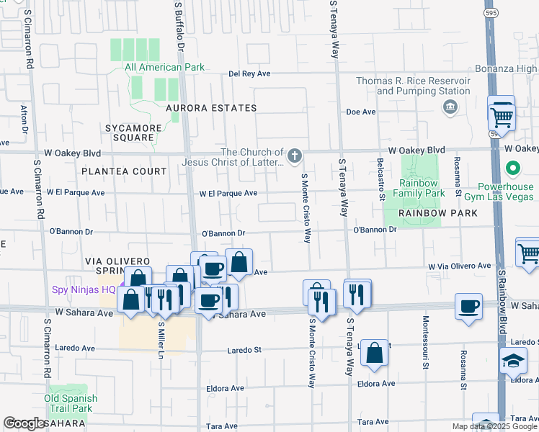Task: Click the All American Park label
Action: [x=164, y=68]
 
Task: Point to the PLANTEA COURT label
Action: [x=124, y=171]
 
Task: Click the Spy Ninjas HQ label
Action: [x=84, y=291]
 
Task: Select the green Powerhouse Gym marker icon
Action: [x=512, y=170]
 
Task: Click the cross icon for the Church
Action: [x=294, y=156]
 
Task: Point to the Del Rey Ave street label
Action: [x=249, y=73]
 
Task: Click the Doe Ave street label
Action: [x=361, y=112]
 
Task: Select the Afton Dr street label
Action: [x=25, y=120]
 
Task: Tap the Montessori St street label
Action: [x=426, y=352]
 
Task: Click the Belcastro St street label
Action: [x=380, y=176]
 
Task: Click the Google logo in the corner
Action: [x=24, y=423]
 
